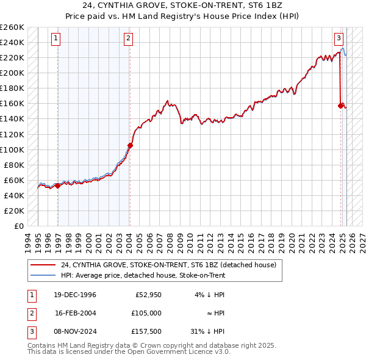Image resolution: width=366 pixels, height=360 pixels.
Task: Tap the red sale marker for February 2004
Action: [x=130, y=145]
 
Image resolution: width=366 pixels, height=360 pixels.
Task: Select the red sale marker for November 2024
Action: [x=340, y=106]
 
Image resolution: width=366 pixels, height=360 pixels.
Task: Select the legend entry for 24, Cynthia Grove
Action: [x=168, y=265]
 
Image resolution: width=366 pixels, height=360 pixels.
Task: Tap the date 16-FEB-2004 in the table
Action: [x=75, y=313]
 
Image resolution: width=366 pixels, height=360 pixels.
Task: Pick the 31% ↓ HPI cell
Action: [x=207, y=331]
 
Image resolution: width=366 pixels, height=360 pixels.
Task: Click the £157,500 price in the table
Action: [x=146, y=331]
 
